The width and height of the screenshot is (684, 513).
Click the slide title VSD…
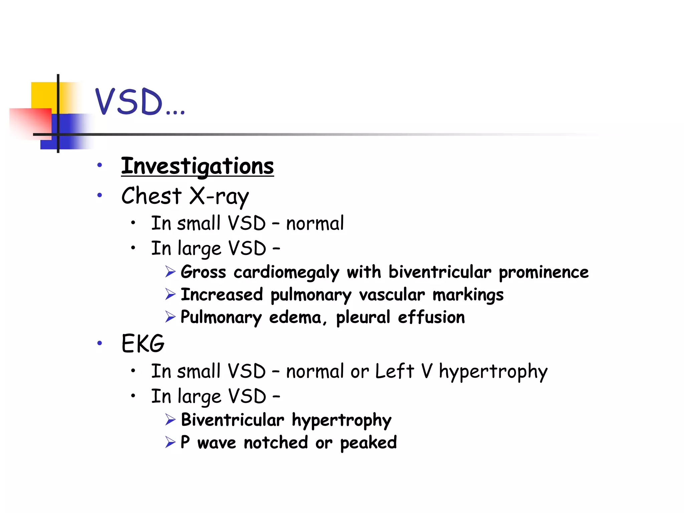coord(140,102)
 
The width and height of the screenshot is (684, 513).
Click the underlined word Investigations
coord(197,166)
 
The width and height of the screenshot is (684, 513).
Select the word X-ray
coord(219,196)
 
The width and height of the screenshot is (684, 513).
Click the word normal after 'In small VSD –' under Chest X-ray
coord(315,223)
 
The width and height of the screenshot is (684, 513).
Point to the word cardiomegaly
coord(286,272)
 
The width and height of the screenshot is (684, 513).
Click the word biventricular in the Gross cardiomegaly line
coord(440,272)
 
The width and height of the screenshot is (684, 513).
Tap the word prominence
coord(543,272)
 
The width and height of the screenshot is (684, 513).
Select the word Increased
coord(222,295)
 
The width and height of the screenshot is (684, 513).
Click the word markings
coord(468,295)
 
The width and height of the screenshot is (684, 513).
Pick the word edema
coord(295,317)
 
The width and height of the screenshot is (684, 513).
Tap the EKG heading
coord(143,343)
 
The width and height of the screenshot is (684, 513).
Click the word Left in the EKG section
coord(394,371)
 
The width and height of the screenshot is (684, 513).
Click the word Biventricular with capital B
coord(232,420)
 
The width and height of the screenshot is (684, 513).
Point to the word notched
coord(276,443)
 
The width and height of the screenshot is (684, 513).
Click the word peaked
coord(368,443)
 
